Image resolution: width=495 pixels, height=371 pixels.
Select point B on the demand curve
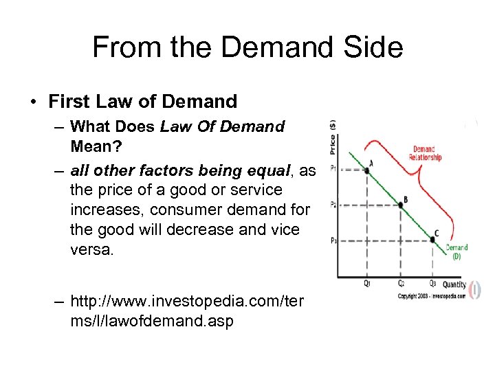400,204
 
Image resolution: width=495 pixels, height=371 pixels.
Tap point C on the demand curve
433,239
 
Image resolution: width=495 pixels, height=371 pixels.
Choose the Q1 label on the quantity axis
366,283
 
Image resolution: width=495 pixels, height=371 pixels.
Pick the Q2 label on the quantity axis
400,283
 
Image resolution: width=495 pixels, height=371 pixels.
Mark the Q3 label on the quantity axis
432,283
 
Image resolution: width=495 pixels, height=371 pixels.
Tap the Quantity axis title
454,284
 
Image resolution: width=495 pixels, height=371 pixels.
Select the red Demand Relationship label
425,153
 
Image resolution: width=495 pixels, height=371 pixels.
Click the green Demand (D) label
456,251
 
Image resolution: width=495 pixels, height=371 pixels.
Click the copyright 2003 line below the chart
431,296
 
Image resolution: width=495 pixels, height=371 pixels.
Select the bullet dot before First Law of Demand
33,102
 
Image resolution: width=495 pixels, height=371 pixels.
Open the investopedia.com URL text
186,311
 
